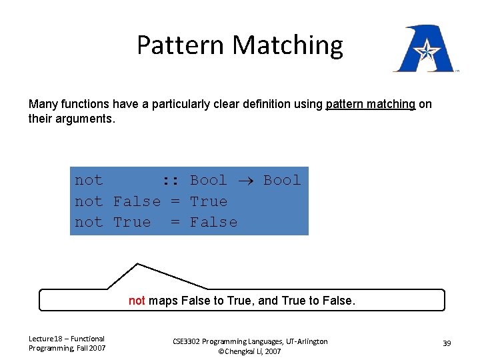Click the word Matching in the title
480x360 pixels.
click(x=289, y=45)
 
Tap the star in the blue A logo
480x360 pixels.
click(x=424, y=49)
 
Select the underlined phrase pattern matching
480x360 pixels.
click(x=370, y=104)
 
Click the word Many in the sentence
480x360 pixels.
click(x=42, y=104)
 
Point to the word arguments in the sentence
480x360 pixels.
click(x=85, y=120)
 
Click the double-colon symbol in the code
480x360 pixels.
click(x=171, y=180)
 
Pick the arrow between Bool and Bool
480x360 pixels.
click(x=245, y=180)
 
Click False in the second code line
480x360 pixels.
click(x=137, y=201)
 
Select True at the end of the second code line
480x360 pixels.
click(x=209, y=201)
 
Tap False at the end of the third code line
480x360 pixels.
click(x=213, y=222)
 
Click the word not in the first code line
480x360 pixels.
click(x=89, y=180)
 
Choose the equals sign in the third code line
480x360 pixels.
click(x=175, y=222)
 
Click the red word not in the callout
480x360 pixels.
click(x=137, y=301)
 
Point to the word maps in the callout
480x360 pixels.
click(x=163, y=301)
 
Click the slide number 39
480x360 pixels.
click(x=447, y=343)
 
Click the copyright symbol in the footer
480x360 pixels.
click(x=221, y=351)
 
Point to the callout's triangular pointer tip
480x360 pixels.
click(x=137, y=264)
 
